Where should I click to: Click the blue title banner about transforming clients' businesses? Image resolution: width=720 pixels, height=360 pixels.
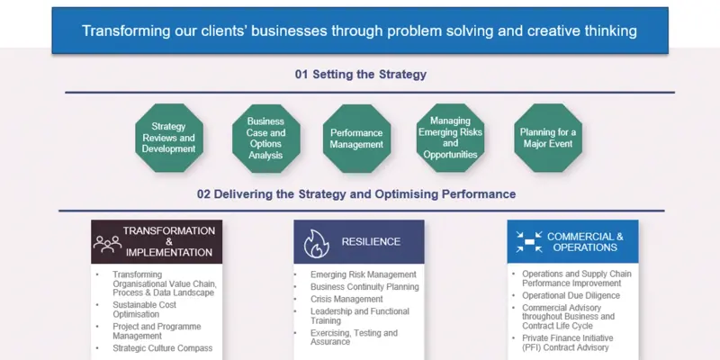[359, 31]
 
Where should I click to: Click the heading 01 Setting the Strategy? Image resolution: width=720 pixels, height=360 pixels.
[360, 75]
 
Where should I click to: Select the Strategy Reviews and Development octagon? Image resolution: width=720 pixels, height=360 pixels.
[168, 138]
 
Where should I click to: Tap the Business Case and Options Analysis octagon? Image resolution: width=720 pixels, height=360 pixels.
[265, 138]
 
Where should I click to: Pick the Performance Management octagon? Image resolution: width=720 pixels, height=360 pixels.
[356, 138]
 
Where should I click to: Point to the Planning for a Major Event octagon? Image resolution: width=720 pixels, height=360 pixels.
[548, 138]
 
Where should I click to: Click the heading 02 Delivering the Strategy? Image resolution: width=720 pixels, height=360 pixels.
[356, 193]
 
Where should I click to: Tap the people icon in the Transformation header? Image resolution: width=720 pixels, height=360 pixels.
[107, 242]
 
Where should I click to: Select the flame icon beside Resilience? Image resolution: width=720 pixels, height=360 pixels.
[316, 241]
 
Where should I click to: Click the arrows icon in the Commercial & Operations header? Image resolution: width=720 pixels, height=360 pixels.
[527, 241]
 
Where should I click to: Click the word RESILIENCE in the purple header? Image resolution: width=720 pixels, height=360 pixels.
[371, 241]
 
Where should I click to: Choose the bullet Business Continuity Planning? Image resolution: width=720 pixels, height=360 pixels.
[364, 287]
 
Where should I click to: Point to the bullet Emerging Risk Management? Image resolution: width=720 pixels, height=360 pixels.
[363, 274]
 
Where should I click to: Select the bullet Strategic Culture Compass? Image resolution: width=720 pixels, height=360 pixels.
[163, 347]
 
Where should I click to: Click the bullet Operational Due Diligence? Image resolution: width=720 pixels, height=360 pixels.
[571, 295]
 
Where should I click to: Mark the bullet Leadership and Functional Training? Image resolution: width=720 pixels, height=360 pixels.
[359, 316]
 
